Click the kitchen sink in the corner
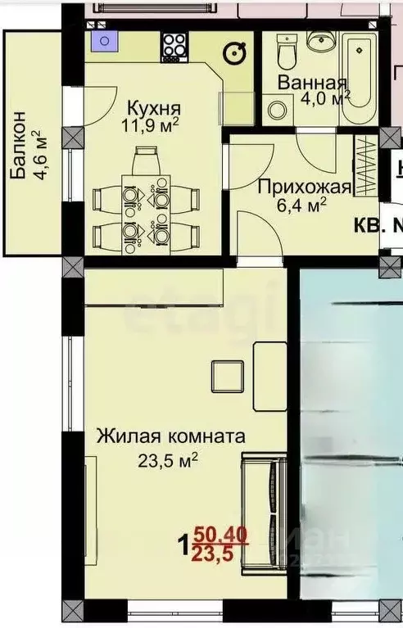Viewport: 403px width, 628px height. click(x=103, y=43)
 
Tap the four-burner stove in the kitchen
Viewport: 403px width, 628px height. click(x=174, y=46)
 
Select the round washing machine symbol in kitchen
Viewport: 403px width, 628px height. click(x=235, y=52)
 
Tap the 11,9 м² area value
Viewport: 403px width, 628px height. click(x=152, y=126)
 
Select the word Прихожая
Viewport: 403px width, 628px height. click(x=304, y=187)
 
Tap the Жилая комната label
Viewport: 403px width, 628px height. click(x=170, y=436)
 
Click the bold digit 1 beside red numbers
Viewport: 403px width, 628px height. click(x=184, y=544)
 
